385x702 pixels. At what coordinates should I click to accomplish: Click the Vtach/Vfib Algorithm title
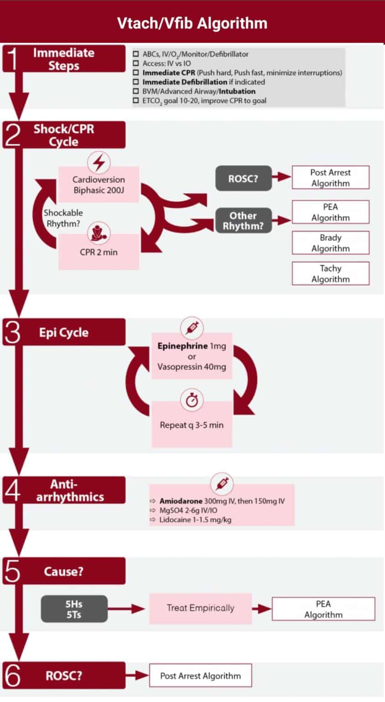click(192, 23)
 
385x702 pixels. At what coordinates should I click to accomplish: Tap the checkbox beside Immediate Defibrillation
click(136, 82)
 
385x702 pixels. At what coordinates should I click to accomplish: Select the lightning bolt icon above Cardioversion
click(99, 162)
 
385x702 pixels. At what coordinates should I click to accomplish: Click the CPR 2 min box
click(99, 252)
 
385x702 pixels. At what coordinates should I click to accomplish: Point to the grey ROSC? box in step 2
click(243, 178)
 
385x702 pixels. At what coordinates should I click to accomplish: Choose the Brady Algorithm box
click(330, 243)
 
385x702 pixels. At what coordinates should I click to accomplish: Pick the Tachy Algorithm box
click(330, 273)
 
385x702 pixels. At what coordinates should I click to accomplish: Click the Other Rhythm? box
click(243, 221)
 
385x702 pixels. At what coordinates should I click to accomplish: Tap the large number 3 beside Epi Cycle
click(12, 333)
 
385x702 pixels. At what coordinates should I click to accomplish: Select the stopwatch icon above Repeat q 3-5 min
click(192, 400)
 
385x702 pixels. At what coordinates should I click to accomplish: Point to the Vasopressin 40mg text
click(192, 367)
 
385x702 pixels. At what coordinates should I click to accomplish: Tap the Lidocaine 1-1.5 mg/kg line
click(195, 520)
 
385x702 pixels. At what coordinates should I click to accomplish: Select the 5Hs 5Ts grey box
click(74, 609)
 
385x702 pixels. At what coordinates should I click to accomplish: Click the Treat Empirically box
click(200, 608)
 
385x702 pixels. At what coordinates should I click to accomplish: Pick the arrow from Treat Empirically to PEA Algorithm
click(262, 608)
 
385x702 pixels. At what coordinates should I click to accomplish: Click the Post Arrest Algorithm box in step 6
click(200, 675)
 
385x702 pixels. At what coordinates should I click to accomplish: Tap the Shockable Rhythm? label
click(63, 218)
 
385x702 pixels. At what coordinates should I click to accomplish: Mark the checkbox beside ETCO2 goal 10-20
click(136, 101)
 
